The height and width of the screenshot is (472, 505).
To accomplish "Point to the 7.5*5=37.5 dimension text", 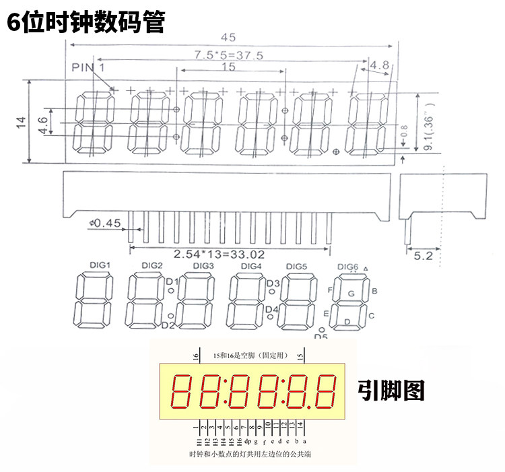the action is (x=228, y=55).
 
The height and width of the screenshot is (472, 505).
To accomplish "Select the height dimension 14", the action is (x=21, y=122).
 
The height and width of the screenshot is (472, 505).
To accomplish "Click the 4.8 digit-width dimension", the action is (x=380, y=65).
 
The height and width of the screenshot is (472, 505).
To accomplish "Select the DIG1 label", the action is (x=99, y=265).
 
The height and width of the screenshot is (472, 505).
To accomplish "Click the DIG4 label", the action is (x=250, y=266).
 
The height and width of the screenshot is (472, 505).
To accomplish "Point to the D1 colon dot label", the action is (x=171, y=281).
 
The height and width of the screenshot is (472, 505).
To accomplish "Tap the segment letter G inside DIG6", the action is (x=350, y=294).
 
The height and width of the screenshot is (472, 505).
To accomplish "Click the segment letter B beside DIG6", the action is (x=374, y=291).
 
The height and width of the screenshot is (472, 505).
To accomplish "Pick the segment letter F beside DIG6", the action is (x=330, y=290).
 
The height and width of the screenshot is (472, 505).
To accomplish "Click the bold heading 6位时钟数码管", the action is (x=85, y=22).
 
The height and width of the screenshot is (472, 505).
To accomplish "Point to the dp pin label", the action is (x=248, y=441).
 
